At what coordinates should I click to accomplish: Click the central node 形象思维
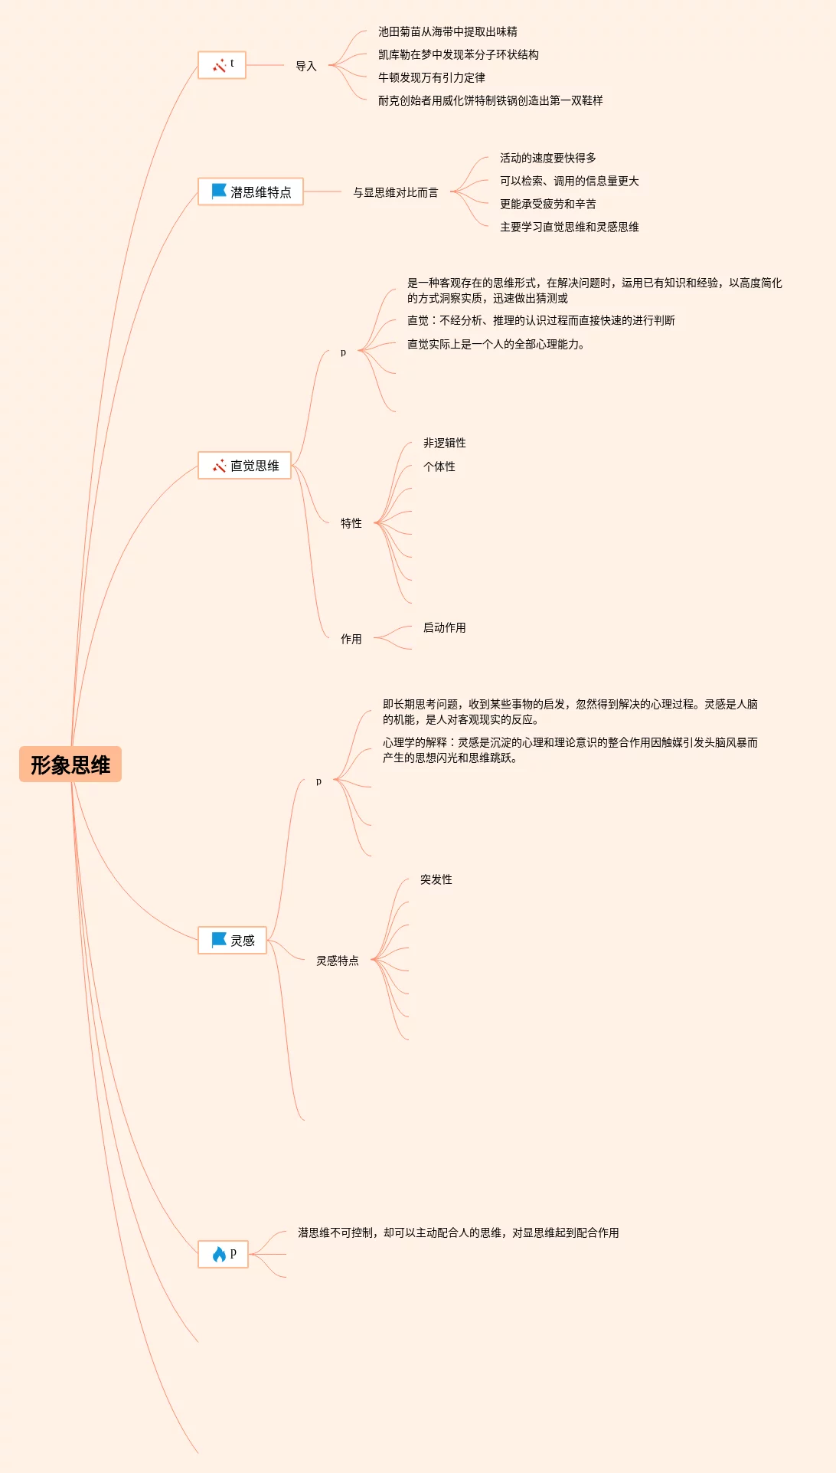pyautogui.click(x=70, y=764)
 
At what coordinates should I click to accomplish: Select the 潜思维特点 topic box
pyautogui.click(x=250, y=191)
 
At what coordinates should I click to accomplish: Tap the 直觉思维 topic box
pyautogui.click(x=244, y=466)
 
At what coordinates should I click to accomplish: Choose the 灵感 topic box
pyautogui.click(x=232, y=941)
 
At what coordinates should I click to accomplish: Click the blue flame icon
pyautogui.click(x=219, y=1254)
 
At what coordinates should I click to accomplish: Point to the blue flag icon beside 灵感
pyautogui.click(x=219, y=940)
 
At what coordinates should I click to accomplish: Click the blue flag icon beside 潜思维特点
pyautogui.click(x=219, y=191)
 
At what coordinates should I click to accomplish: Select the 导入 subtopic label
pyautogui.click(x=306, y=66)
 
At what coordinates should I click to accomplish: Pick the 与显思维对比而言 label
pyautogui.click(x=396, y=192)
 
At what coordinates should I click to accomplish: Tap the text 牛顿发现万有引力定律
pyautogui.click(x=432, y=77)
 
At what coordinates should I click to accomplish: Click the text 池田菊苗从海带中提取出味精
pyautogui.click(x=448, y=31)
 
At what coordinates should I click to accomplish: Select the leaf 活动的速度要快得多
pyautogui.click(x=548, y=158)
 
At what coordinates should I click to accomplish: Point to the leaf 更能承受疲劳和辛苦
pyautogui.click(x=548, y=204)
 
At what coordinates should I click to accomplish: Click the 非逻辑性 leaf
pyautogui.click(x=445, y=443)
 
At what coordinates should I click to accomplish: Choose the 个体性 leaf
pyautogui.click(x=439, y=466)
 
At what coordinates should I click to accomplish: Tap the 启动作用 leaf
pyautogui.click(x=445, y=627)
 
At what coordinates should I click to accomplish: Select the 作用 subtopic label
pyautogui.click(x=351, y=639)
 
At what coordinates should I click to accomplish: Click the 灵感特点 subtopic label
pyautogui.click(x=338, y=961)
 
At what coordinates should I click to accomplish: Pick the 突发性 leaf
pyautogui.click(x=436, y=879)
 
